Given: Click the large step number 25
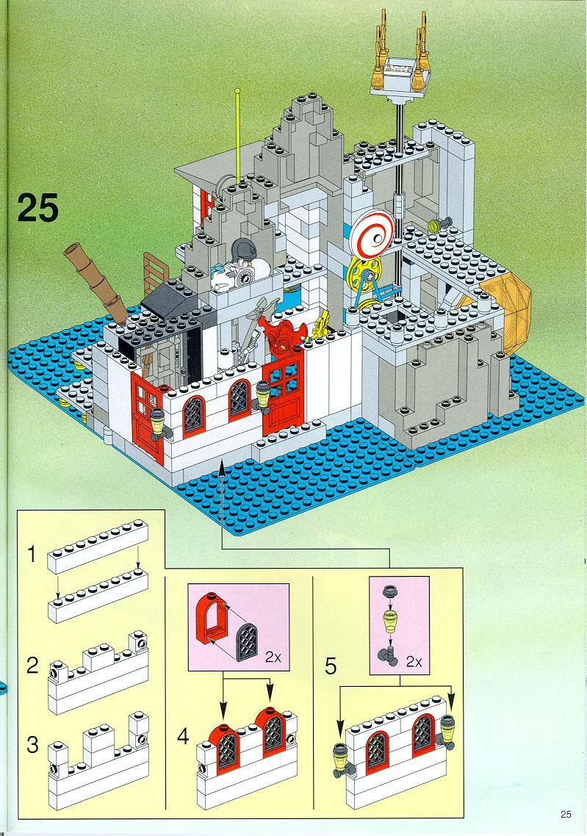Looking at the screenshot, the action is click(x=38, y=208).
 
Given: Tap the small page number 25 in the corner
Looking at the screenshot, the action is click(x=566, y=814).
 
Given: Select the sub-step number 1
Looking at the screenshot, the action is click(x=32, y=555).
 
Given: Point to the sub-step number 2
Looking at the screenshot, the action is click(x=32, y=666).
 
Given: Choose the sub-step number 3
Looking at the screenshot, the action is click(x=32, y=744).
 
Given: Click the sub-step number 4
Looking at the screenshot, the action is click(x=183, y=737).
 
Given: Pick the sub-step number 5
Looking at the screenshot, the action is click(x=331, y=666).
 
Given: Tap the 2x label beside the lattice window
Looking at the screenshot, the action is click(x=273, y=657).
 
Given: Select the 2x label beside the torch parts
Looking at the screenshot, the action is click(x=414, y=662).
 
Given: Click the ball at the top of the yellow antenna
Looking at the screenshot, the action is click(x=237, y=91).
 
